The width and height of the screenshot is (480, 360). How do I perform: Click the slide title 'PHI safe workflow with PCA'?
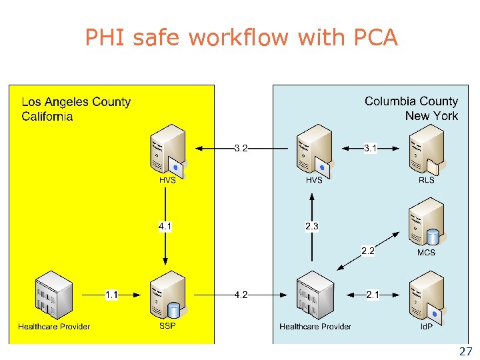241,37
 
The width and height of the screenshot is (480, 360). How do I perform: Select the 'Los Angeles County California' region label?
75,109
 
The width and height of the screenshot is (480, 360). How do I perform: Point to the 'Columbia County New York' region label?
411,109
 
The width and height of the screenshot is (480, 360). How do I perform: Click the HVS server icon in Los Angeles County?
167,149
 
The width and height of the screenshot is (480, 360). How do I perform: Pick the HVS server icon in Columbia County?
313,149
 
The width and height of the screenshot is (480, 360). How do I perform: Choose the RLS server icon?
426,149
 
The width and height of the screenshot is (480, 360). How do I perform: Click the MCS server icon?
426,222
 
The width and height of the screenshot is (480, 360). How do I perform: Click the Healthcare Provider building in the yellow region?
53,295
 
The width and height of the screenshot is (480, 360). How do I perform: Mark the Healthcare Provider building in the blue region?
315,295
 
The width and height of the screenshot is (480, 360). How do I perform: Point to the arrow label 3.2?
241,148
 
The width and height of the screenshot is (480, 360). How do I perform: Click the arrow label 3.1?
370,148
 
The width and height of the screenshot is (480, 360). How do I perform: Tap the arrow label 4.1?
165,227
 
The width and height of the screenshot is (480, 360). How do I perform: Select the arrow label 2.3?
311,227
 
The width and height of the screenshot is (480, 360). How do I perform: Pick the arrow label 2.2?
367,251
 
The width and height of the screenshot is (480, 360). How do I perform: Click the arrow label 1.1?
111,295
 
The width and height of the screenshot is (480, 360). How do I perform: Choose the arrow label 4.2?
241,295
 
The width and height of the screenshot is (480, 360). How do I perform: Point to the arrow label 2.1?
373,295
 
